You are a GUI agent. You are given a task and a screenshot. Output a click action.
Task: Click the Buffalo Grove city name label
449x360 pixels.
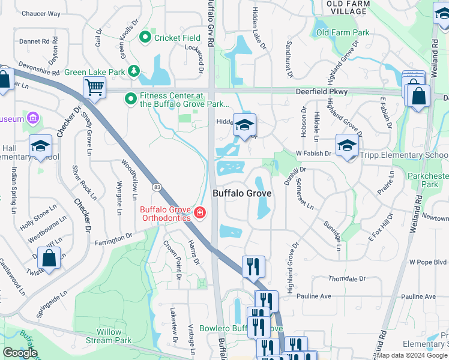tap(242, 193)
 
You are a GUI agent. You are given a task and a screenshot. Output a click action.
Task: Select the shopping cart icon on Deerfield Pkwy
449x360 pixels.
tap(94, 88)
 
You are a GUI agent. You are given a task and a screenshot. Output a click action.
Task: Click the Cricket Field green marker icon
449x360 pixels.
tap(145, 38)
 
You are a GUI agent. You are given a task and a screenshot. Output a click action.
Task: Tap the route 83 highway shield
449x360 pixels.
tap(155, 187)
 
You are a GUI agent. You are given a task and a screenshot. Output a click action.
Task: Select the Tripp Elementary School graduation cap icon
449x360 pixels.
tap(347, 145)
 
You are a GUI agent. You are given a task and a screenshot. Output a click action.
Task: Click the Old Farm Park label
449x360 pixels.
tap(343, 32)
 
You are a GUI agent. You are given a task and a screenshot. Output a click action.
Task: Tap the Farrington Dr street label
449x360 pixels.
tap(113, 240)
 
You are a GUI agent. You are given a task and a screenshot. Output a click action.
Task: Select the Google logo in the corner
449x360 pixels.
tap(20, 353)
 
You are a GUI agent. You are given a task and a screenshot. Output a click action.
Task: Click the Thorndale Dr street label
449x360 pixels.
tap(347, 279)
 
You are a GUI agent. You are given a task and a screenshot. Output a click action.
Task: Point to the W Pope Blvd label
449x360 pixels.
tap(428, 262)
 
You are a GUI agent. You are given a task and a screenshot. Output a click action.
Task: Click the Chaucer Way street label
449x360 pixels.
tap(41, 13)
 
